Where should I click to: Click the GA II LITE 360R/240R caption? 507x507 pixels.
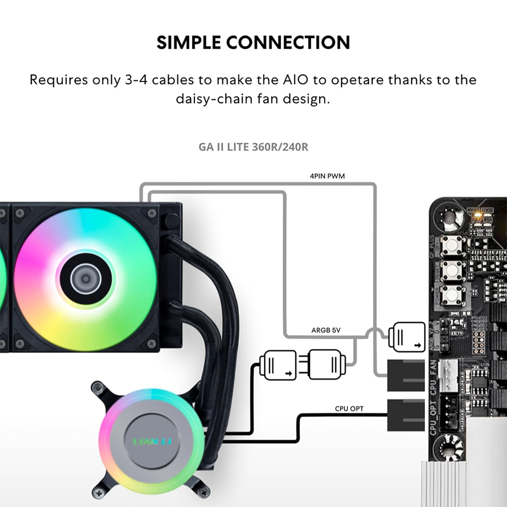pyautogui.click(x=253, y=147)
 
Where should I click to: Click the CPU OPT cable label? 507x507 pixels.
pyautogui.click(x=349, y=409)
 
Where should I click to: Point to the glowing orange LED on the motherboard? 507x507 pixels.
pyautogui.click(x=478, y=215)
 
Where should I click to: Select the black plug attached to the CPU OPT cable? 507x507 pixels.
pyautogui.click(x=406, y=415)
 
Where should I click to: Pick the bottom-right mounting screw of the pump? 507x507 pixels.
pyautogui.click(x=203, y=492)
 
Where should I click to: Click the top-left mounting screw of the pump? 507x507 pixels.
pyautogui.click(x=97, y=387)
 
